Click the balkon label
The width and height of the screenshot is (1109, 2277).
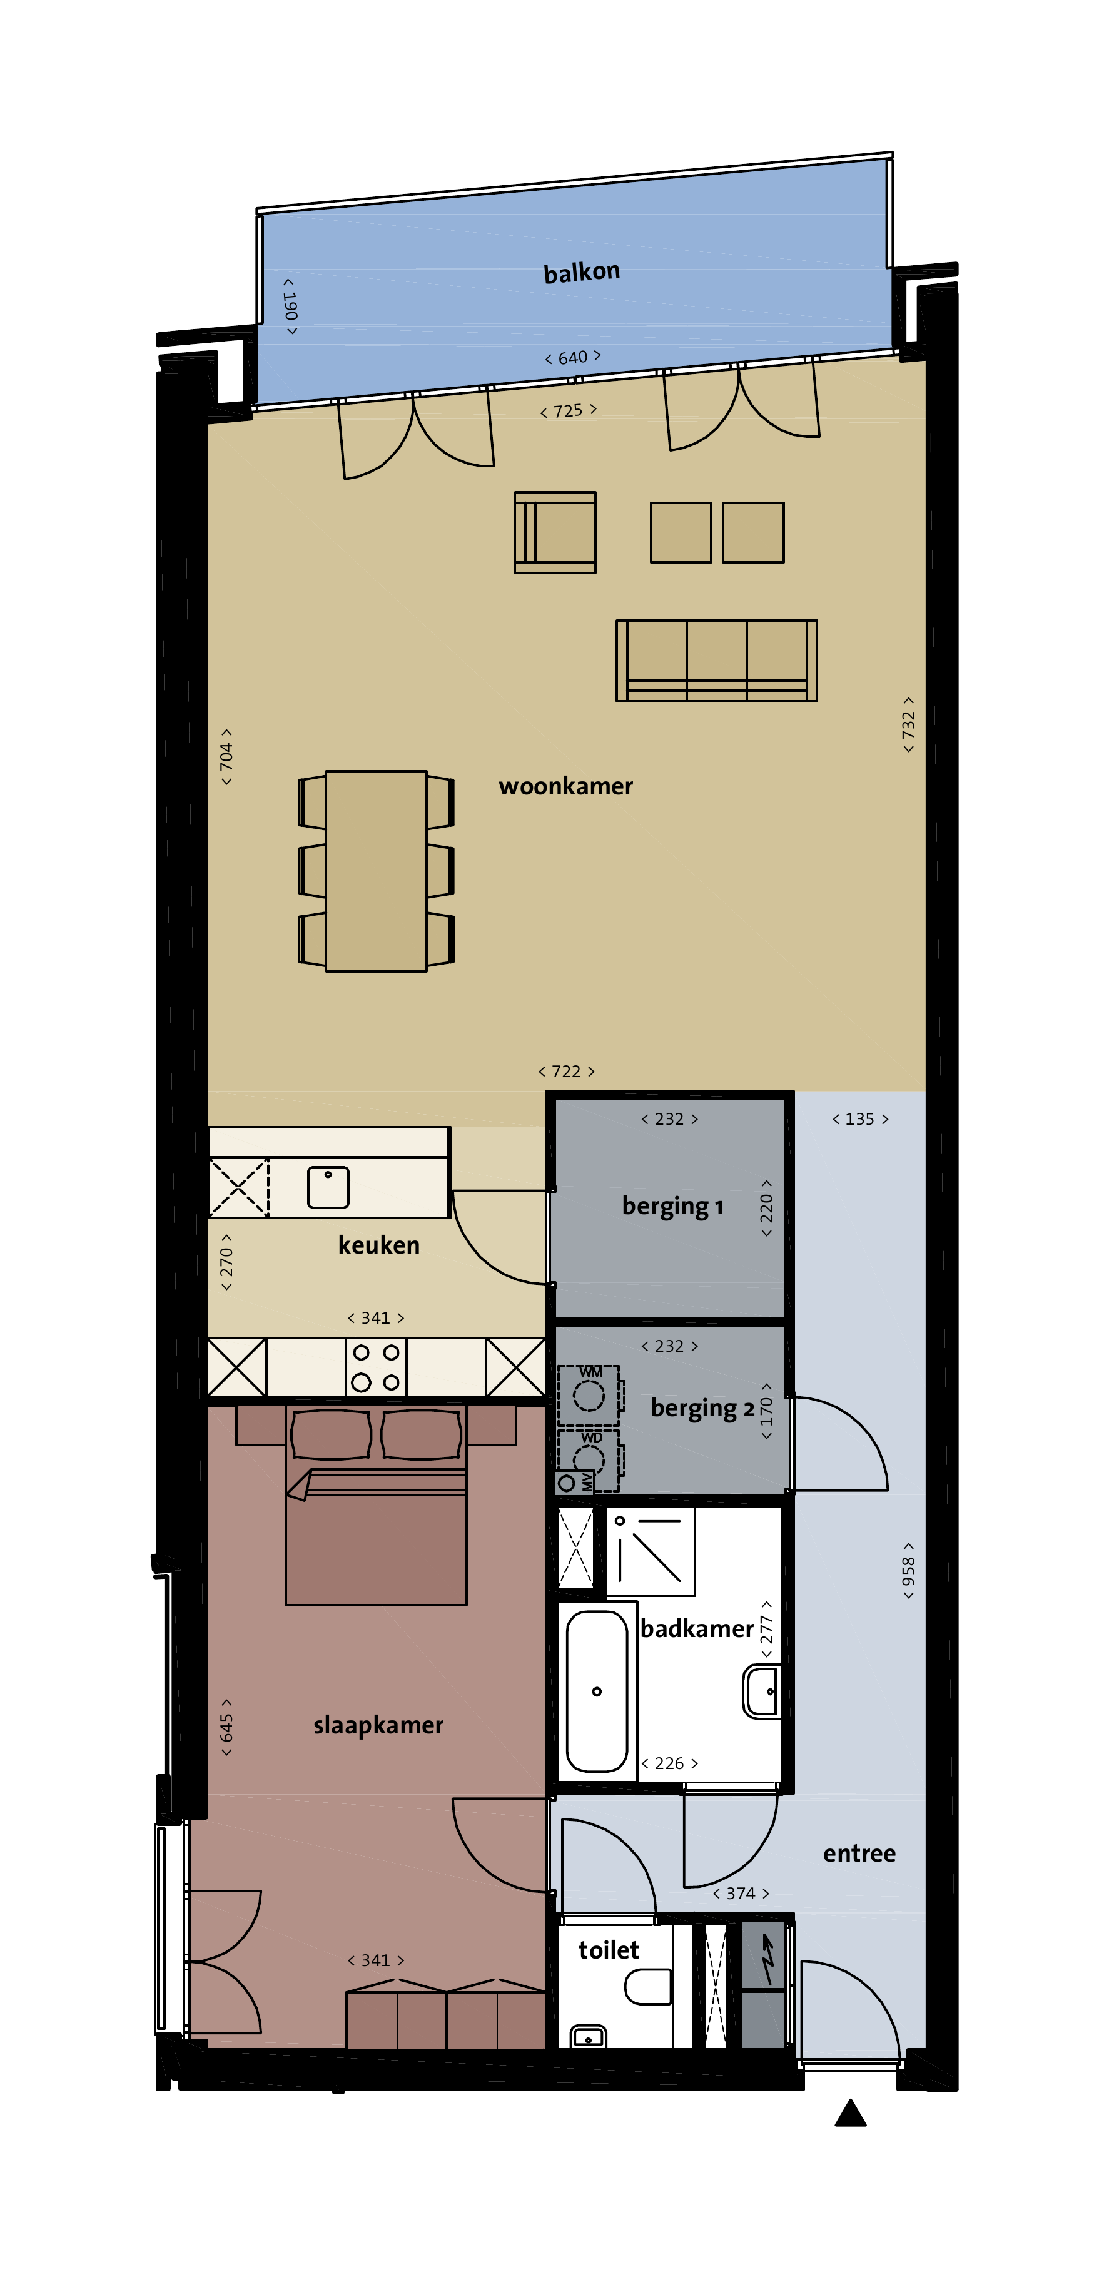point(582,272)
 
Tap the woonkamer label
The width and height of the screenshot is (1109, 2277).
point(565,786)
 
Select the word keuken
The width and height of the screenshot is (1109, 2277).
point(379,1245)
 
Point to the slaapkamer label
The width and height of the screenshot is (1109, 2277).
point(378,1725)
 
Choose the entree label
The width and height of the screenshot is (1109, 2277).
point(859,1853)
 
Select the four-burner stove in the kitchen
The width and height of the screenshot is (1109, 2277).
point(375,1367)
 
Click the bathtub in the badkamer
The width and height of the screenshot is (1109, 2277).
point(597,1691)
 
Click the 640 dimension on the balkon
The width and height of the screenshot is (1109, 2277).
point(572,357)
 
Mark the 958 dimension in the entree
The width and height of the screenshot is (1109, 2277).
point(908,1571)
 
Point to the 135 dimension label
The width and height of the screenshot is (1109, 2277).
point(860,1119)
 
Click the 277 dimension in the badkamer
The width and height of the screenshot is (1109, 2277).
point(766,1629)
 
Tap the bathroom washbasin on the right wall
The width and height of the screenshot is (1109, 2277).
point(762,1691)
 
